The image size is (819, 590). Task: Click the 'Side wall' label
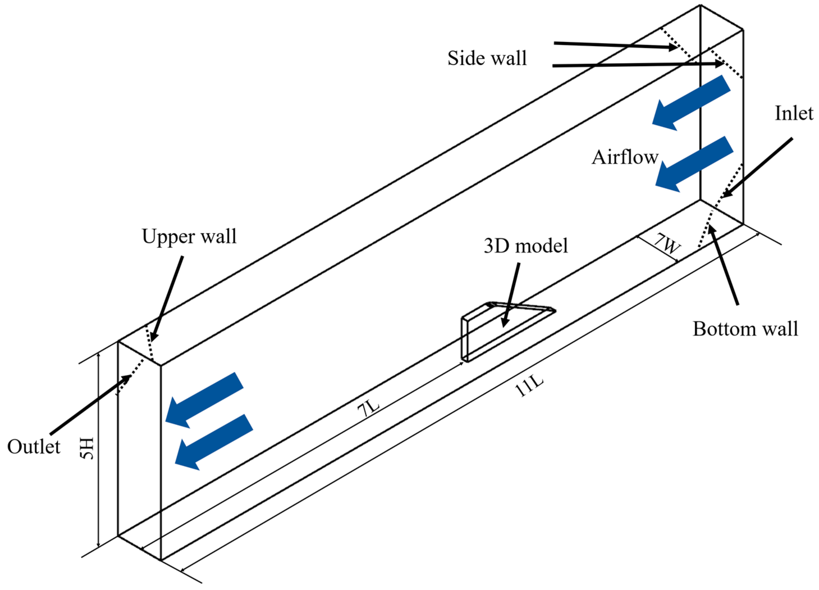487,58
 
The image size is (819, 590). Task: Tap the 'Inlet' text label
794,113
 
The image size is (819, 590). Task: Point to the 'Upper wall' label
189,237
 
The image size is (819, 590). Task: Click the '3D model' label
526,246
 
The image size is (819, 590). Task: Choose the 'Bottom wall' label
745,329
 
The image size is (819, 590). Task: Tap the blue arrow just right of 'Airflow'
694,165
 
